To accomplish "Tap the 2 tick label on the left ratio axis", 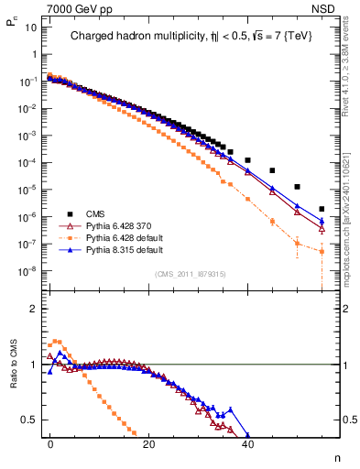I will coord(32,309).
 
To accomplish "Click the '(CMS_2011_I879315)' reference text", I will coord(191,274).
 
